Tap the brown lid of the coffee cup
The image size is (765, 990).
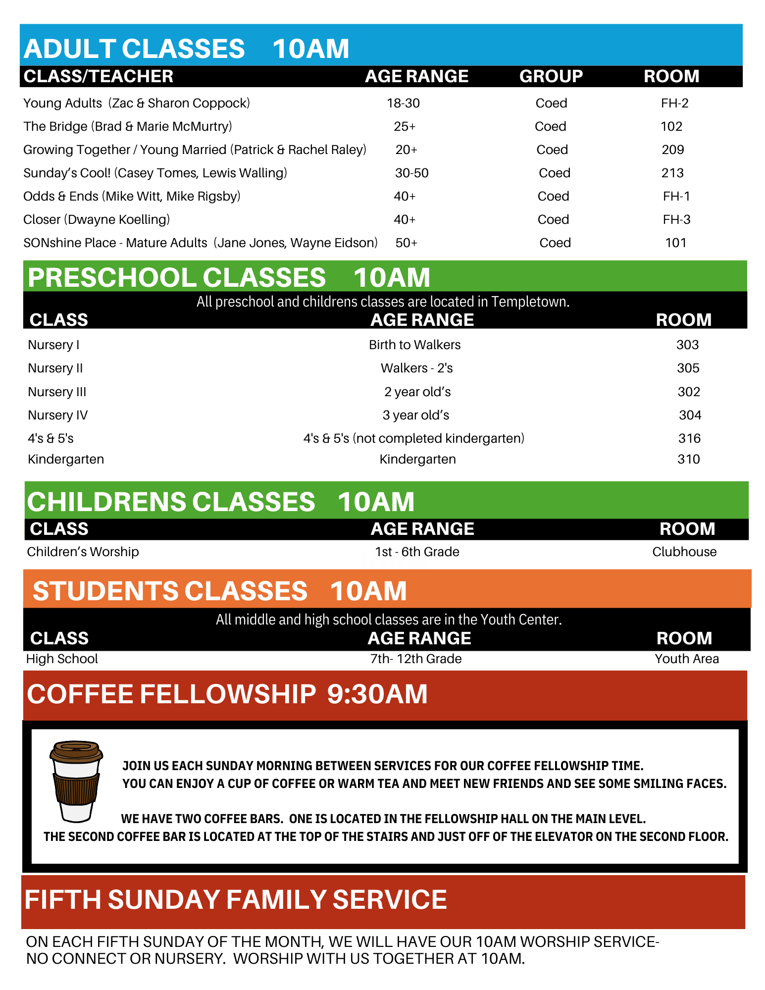pyautogui.click(x=76, y=751)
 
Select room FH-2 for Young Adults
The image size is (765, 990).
pyautogui.click(x=674, y=103)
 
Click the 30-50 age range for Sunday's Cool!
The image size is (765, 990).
pyautogui.click(x=411, y=173)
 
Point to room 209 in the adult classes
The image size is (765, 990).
pyautogui.click(x=672, y=150)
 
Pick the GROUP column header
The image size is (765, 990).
pyautogui.click(x=551, y=76)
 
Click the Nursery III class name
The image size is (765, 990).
pyautogui.click(x=57, y=392)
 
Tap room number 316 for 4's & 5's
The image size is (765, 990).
pyautogui.click(x=689, y=438)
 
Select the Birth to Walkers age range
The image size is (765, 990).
pyautogui.click(x=414, y=345)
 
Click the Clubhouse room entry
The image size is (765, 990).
pyautogui.click(x=684, y=552)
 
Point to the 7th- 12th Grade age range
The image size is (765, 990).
pyautogui.click(x=416, y=659)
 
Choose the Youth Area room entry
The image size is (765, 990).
pyautogui.click(x=686, y=659)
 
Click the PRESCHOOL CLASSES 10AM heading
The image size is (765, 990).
pyautogui.click(x=229, y=277)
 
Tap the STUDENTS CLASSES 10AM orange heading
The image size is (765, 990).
pyautogui.click(x=219, y=591)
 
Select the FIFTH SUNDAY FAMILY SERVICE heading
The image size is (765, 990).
pyautogui.click(x=236, y=899)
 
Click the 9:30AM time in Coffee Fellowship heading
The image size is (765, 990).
pyautogui.click(x=377, y=694)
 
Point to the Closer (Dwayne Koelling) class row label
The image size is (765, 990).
pyautogui.click(x=97, y=219)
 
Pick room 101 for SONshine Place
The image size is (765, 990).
pyautogui.click(x=675, y=243)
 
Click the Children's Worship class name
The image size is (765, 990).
pyautogui.click(x=83, y=552)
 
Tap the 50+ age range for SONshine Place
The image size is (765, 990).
pyautogui.click(x=406, y=243)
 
